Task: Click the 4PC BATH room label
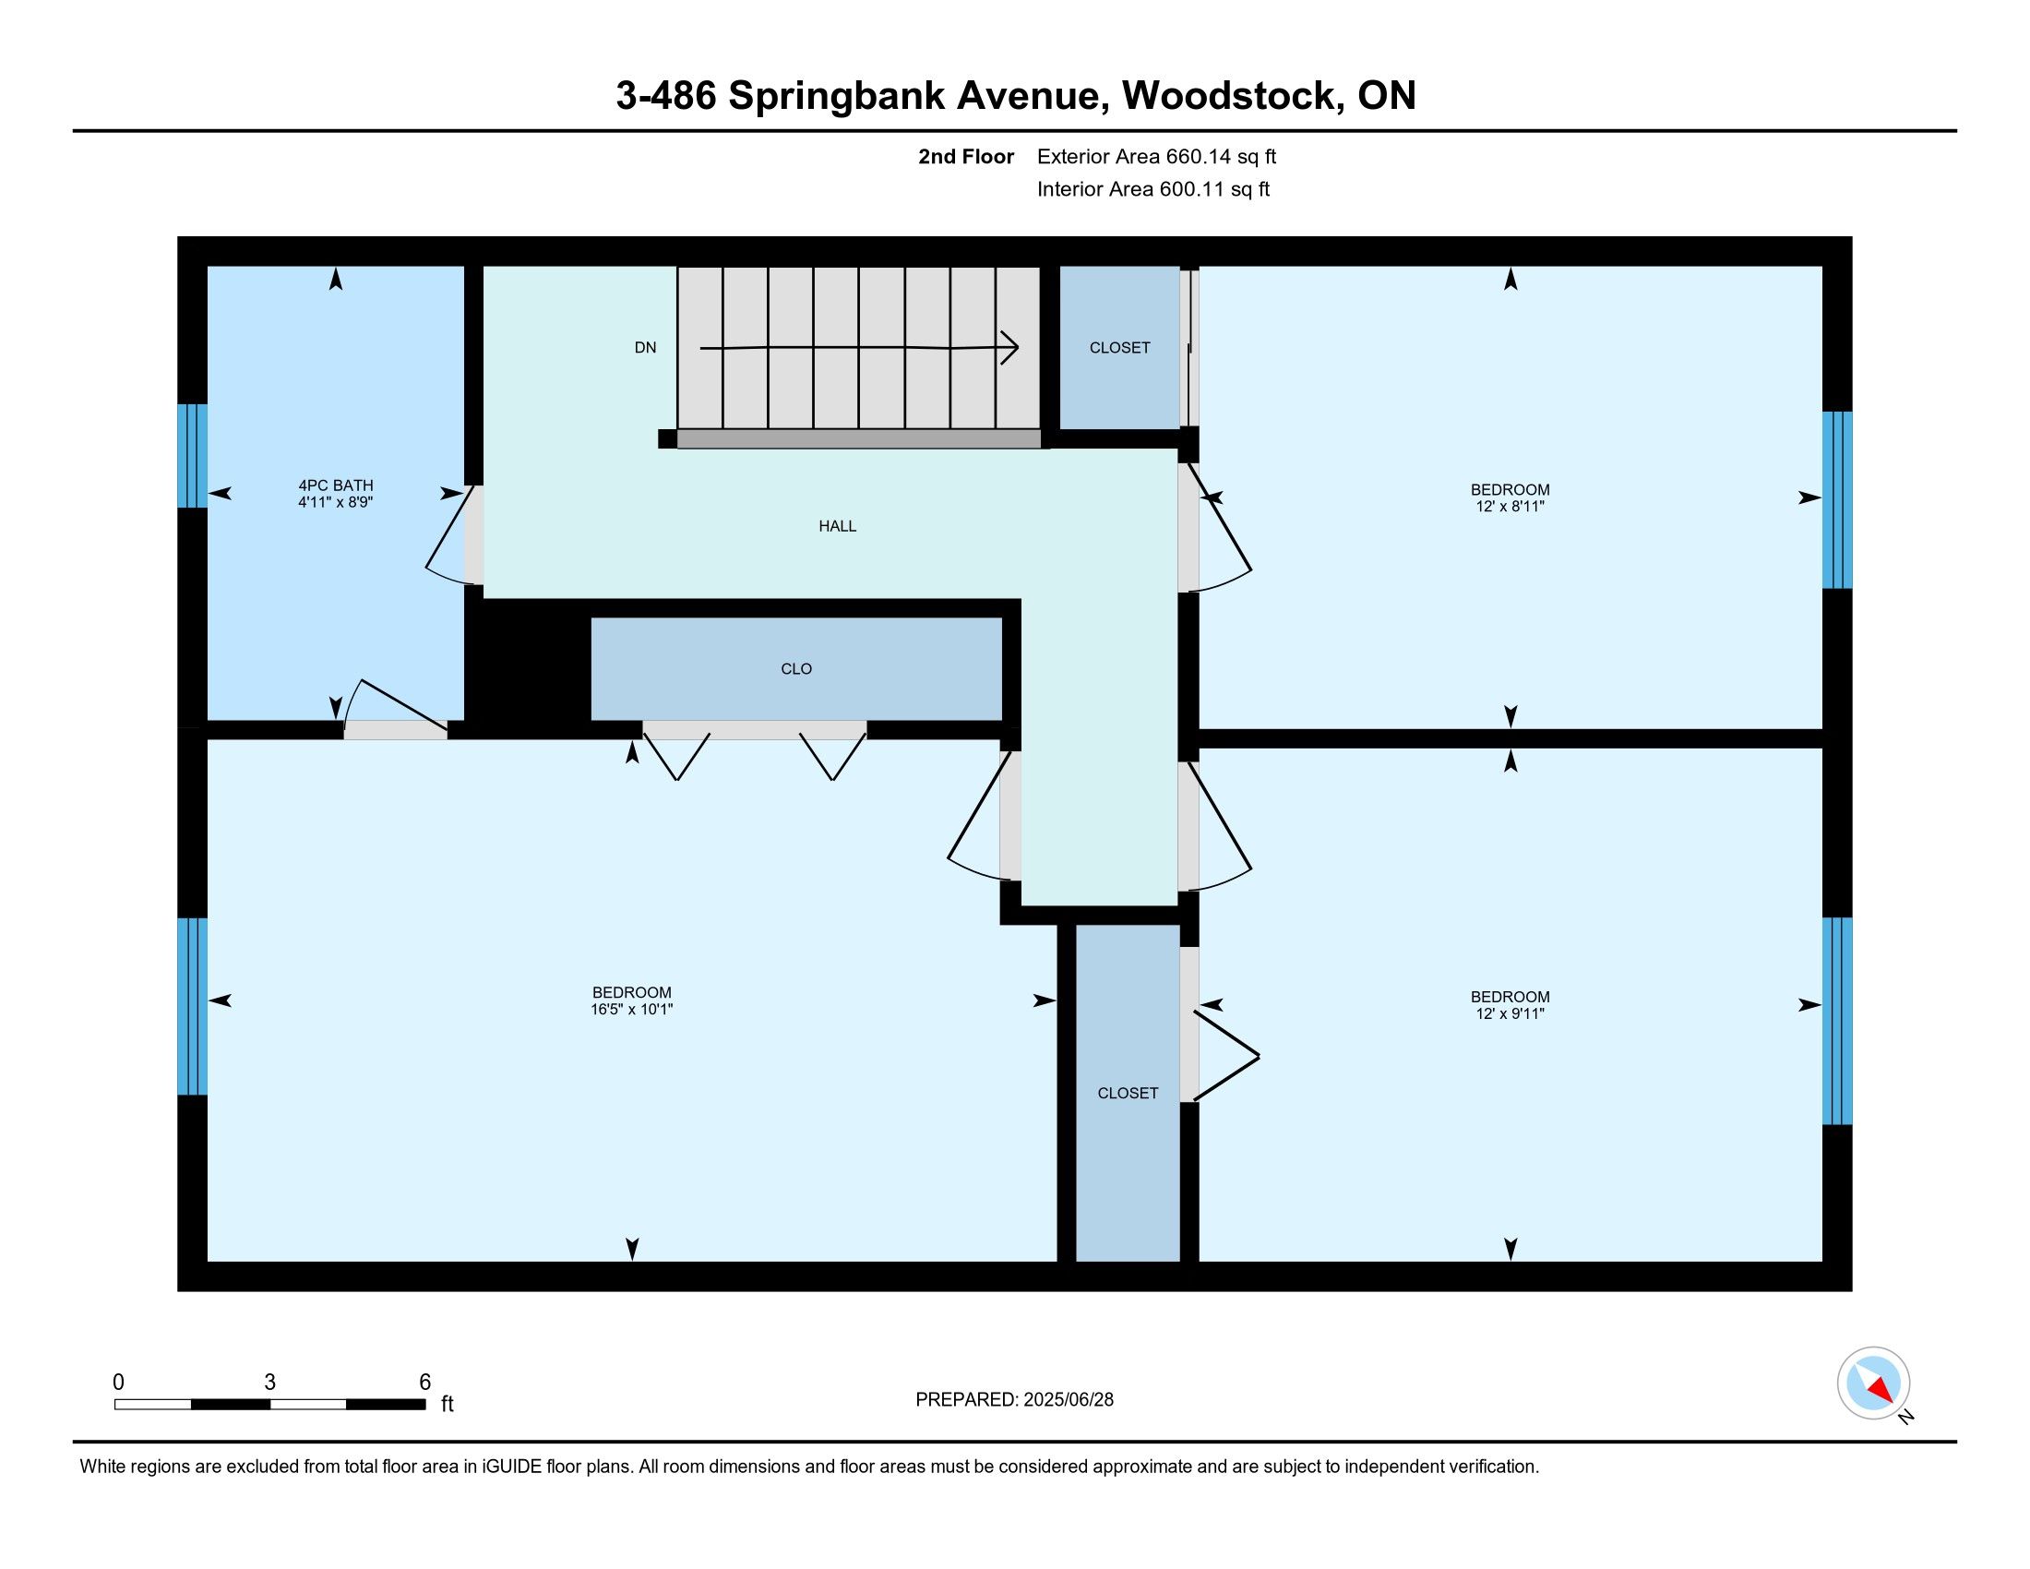(x=336, y=485)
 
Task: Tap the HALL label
(x=838, y=526)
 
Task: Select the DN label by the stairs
(x=645, y=348)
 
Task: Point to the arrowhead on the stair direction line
(x=1009, y=348)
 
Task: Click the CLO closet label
(x=796, y=669)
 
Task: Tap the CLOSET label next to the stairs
(x=1120, y=348)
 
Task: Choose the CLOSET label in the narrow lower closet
(x=1128, y=1093)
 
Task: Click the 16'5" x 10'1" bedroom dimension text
(x=632, y=1010)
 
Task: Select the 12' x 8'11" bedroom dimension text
(x=1511, y=507)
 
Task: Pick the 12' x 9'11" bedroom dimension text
(x=1511, y=1014)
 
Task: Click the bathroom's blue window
(x=193, y=455)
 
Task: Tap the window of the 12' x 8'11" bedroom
(x=1836, y=500)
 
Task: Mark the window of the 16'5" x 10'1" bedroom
(x=193, y=1007)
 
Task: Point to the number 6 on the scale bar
(x=424, y=1383)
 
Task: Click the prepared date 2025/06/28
(x=1069, y=1400)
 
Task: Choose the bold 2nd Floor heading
(x=966, y=157)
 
